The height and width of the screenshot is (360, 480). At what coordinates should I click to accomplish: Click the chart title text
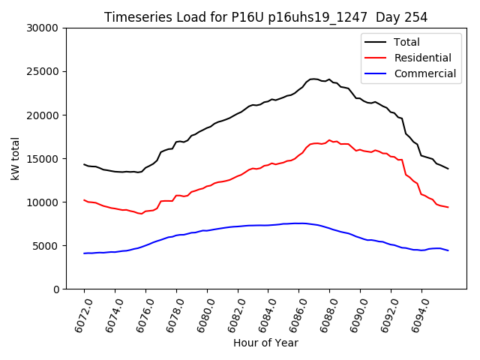point(265,17)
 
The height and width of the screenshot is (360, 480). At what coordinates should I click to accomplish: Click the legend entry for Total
point(406,42)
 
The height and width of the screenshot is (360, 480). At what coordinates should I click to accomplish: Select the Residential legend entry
point(422,58)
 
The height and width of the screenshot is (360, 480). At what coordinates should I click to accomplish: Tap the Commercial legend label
point(424,73)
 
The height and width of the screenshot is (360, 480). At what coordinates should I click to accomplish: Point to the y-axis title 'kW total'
point(15,158)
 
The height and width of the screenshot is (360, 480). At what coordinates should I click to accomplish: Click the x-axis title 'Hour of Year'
point(265,343)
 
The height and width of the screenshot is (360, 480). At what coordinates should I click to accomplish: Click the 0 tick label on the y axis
point(56,289)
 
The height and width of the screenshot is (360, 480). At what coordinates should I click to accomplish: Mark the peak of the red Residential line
point(329,139)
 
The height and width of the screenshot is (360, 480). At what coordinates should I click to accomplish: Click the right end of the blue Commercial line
point(448,250)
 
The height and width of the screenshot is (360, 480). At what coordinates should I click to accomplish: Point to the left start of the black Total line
point(84,164)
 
